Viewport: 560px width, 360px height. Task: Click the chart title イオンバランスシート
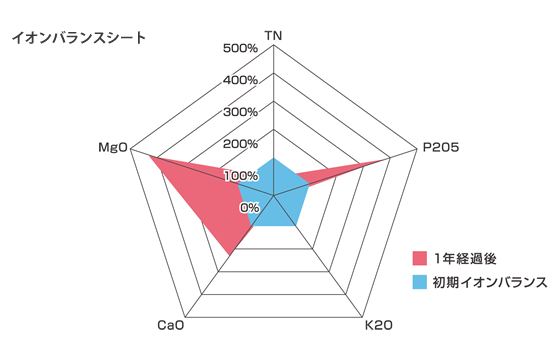tap(77, 38)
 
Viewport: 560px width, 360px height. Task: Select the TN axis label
tap(273, 36)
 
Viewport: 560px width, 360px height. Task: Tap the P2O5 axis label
tap(440, 148)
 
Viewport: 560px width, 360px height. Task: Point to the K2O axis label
tap(378, 325)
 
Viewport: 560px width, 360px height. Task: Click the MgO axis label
tap(112, 148)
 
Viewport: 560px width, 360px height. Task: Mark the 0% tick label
tap(249, 207)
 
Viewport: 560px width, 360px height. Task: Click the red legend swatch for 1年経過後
tap(420, 257)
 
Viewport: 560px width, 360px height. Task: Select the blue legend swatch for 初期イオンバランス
tap(420, 282)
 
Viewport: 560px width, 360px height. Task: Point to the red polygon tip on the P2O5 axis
tap(388, 158)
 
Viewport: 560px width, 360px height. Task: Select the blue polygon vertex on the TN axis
tap(273, 158)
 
